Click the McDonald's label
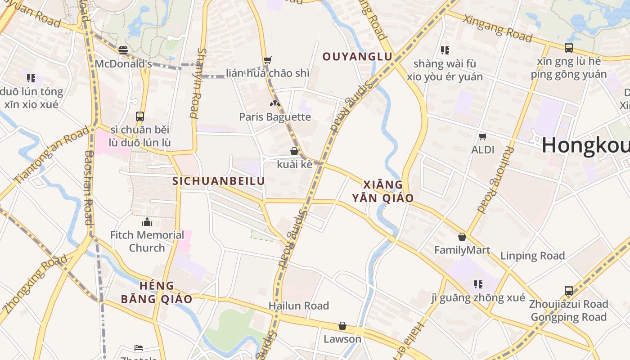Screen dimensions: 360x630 click(123, 64)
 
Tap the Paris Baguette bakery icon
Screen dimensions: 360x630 click(275, 103)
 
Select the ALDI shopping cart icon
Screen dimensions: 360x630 click(483, 136)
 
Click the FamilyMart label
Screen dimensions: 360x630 click(462, 250)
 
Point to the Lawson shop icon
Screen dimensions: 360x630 click(342, 326)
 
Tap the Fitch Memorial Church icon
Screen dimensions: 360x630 click(147, 222)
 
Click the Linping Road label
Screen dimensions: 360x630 click(532, 256)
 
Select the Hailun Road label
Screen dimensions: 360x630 click(299, 306)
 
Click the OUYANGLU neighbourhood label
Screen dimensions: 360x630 click(358, 57)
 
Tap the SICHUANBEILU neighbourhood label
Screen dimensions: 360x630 click(219, 181)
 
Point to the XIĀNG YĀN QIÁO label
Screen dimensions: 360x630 click(383, 191)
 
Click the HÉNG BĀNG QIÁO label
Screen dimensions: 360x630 click(157, 292)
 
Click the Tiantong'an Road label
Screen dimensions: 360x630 click(52, 155)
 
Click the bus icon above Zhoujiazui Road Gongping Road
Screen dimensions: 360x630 click(569, 291)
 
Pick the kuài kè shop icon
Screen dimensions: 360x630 click(294, 151)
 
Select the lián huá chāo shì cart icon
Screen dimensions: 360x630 click(268, 60)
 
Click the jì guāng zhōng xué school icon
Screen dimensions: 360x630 click(478, 284)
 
